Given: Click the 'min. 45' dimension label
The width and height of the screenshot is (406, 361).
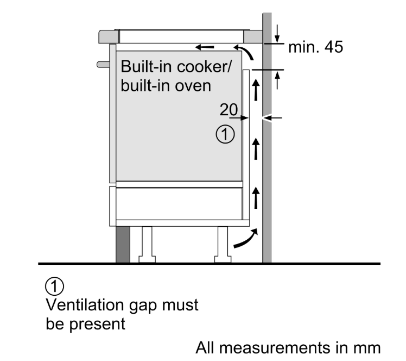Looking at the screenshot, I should [x=315, y=48].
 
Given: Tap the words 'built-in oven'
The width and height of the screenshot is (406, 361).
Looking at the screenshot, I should [x=165, y=85].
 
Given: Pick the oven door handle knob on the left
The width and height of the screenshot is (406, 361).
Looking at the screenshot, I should [x=102, y=64].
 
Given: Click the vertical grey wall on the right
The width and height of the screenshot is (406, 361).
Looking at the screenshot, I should [x=267, y=163].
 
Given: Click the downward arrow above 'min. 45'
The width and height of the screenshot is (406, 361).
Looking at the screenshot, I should [x=277, y=33].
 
